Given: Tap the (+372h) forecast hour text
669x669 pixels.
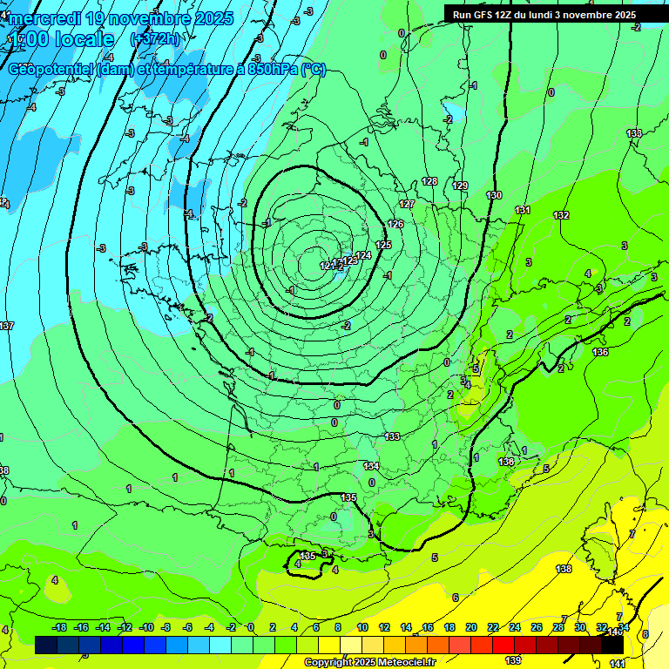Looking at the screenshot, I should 155,38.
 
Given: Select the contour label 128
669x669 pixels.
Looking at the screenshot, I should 429,181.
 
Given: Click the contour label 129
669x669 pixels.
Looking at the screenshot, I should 461,186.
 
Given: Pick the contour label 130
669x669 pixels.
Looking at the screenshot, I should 494,195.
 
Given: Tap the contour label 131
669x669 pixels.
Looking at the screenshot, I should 522,210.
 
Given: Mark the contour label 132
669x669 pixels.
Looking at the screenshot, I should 561,215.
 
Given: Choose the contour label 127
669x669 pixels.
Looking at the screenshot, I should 407,204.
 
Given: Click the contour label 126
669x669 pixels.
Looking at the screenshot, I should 395,224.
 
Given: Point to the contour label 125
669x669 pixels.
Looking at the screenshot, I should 383,245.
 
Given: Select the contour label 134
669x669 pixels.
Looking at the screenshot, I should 371,466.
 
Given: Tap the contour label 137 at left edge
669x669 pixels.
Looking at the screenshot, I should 6,326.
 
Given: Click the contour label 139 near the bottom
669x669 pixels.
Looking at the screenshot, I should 513,660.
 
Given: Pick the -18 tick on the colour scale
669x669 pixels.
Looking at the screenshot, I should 60,627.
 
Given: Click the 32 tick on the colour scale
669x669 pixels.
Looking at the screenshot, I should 601,627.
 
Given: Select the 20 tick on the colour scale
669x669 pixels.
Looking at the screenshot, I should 471,627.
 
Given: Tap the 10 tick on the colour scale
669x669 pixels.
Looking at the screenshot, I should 362,627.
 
